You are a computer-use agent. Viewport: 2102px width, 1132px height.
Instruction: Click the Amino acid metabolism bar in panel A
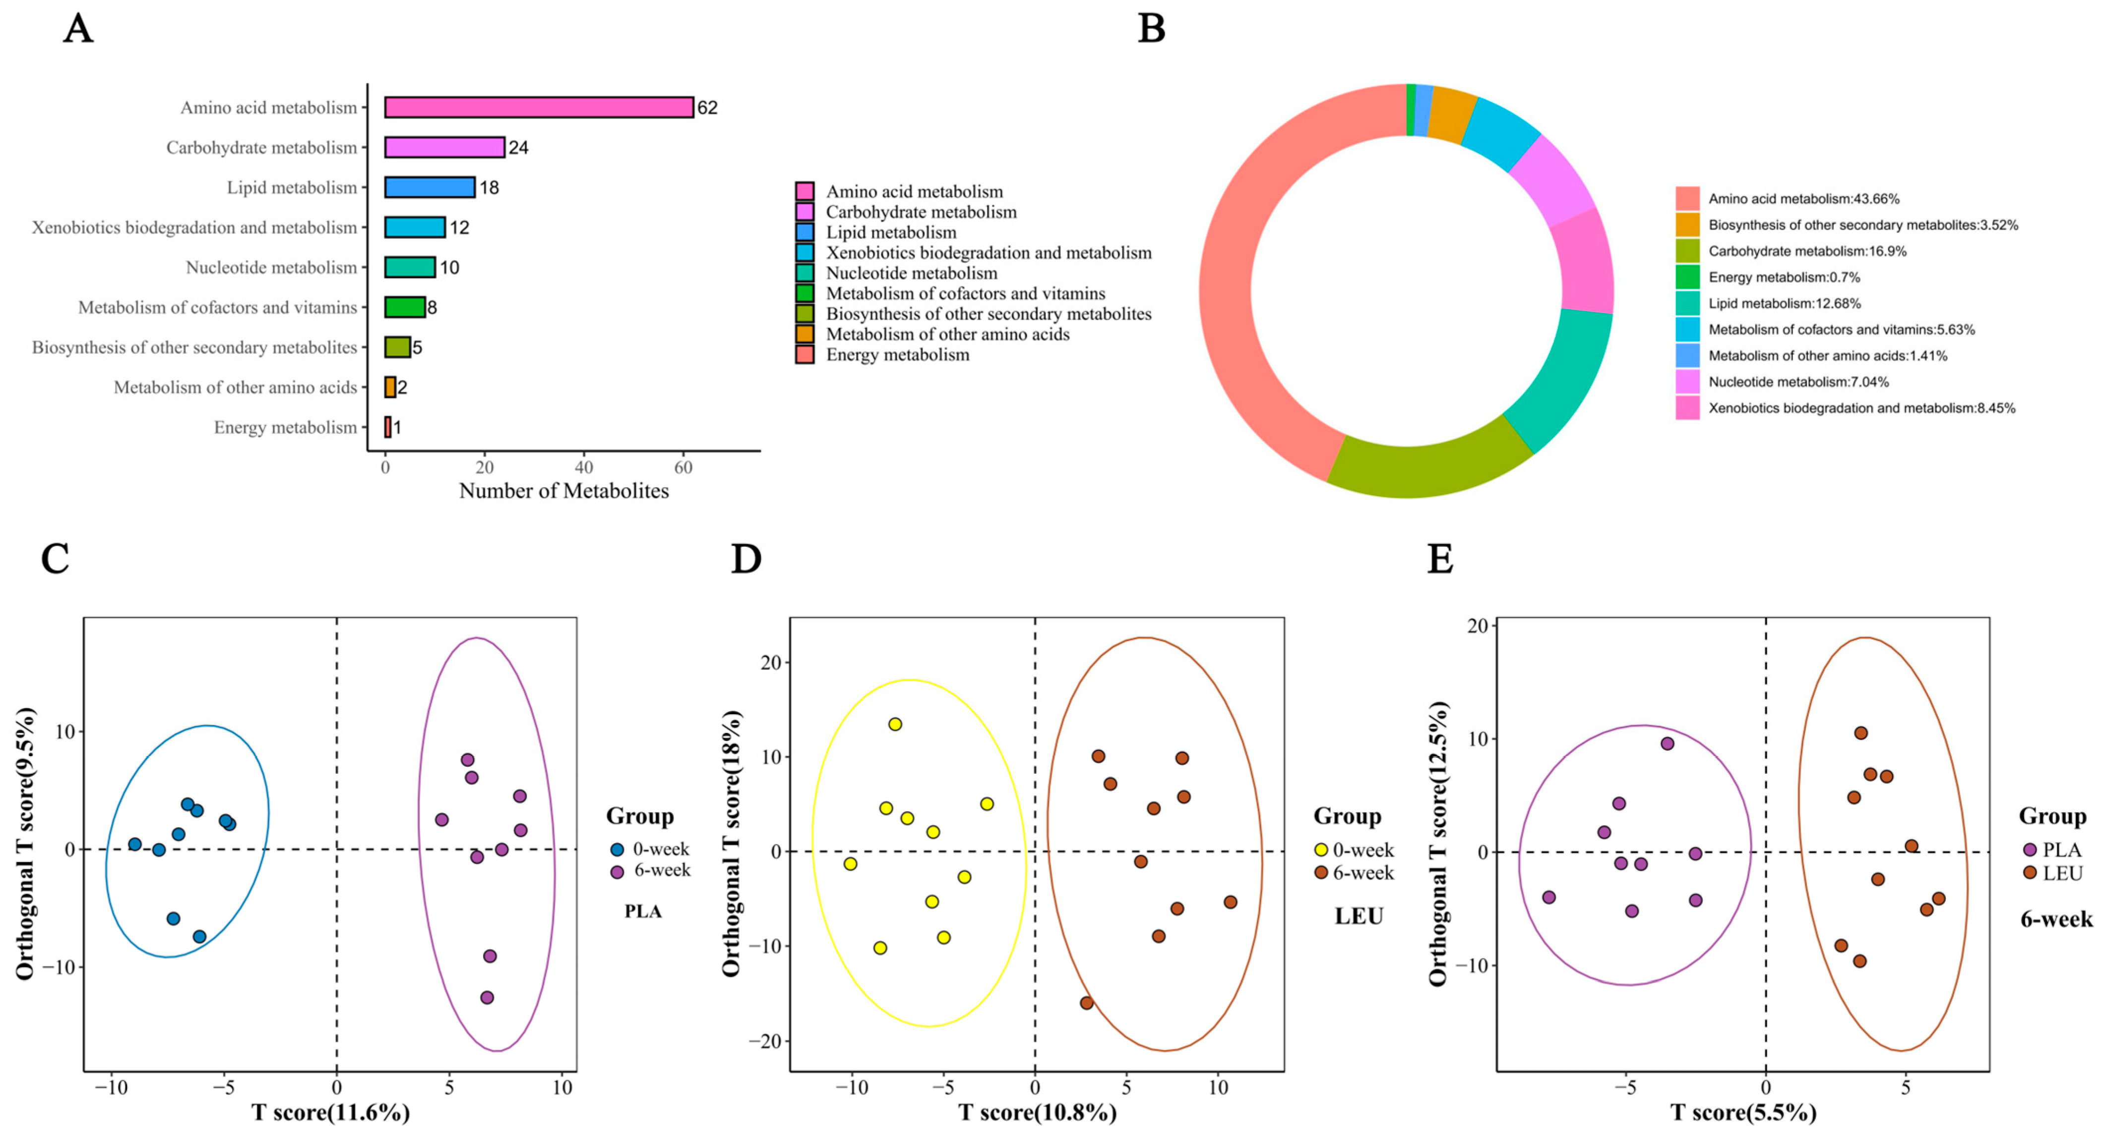click(539, 108)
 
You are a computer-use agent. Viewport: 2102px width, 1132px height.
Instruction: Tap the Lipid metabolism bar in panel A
click(429, 187)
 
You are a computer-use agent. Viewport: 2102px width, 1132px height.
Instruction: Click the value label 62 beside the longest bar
click(707, 108)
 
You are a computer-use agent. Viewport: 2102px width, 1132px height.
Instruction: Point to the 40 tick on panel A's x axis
click(583, 467)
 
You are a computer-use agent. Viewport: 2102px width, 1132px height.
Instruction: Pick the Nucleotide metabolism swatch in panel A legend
click(804, 273)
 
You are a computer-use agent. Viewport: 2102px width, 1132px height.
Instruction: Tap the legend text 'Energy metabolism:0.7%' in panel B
click(1784, 277)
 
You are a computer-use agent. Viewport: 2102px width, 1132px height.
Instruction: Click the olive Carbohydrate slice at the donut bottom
click(1428, 468)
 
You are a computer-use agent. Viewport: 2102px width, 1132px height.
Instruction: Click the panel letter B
click(1151, 29)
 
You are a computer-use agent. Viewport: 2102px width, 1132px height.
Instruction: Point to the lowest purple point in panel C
click(487, 997)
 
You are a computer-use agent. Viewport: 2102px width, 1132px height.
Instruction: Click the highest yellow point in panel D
click(895, 724)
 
